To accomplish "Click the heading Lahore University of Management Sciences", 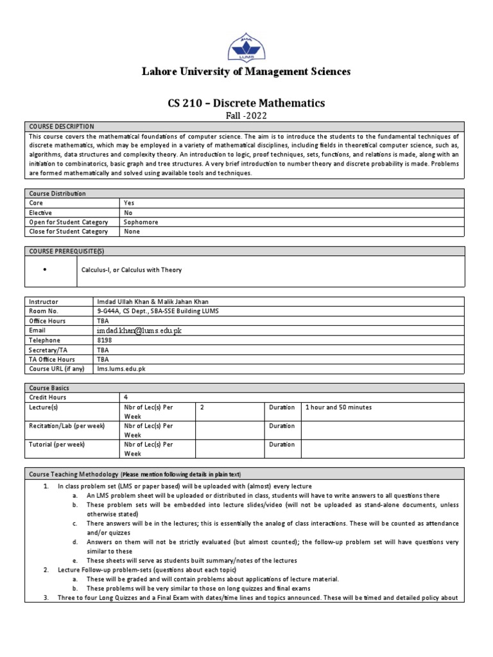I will click(246, 72).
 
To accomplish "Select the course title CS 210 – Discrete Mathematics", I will click(246, 103).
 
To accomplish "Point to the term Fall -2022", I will click(246, 115).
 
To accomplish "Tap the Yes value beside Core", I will click(129, 203).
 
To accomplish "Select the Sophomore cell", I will click(141, 222).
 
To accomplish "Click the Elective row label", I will click(40, 212).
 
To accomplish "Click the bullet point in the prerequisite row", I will click(44, 270).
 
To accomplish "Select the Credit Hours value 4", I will click(125, 398).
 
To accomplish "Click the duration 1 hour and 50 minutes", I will click(339, 407).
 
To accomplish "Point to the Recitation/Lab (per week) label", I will click(66, 426).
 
